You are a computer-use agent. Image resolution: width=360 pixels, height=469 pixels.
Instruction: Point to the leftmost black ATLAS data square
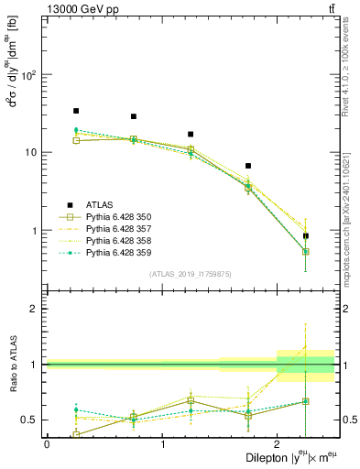(76, 111)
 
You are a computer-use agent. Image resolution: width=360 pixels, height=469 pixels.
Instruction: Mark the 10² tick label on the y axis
(29, 75)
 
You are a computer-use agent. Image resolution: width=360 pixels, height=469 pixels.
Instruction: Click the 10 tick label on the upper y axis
(32, 153)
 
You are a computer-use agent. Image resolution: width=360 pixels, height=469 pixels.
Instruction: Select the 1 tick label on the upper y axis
(35, 231)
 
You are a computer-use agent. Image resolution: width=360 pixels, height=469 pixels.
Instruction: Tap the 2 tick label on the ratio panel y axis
(35, 310)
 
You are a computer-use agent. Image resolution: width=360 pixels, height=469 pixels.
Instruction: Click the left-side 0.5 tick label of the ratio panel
(30, 420)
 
